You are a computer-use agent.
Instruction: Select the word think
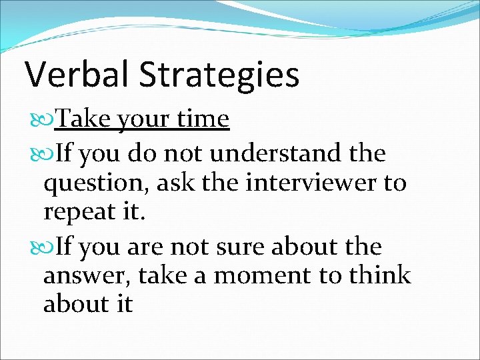point(378,275)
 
